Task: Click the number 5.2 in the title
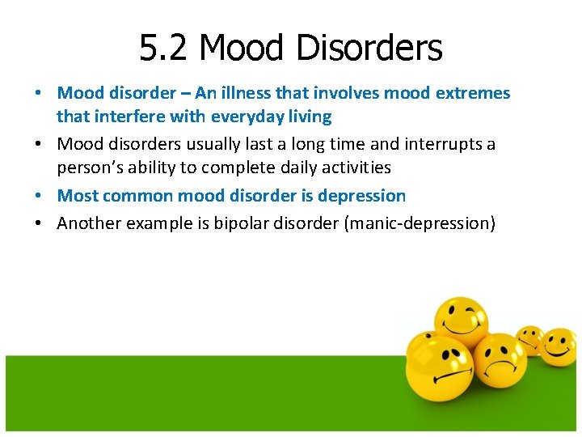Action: [164, 49]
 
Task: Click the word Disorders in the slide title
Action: [369, 49]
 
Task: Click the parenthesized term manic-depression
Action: [420, 223]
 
